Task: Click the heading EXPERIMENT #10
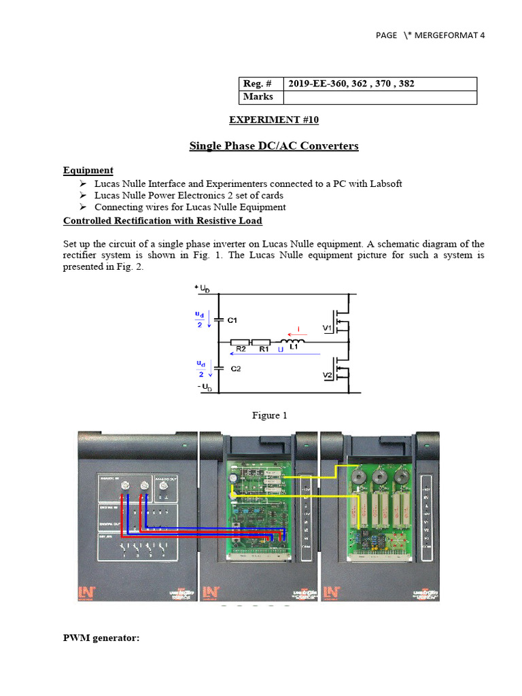pyautogui.click(x=274, y=120)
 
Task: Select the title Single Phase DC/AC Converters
pyautogui.click(x=273, y=145)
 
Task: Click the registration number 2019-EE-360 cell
pyautogui.click(x=351, y=84)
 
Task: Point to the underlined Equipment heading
pyautogui.click(x=88, y=171)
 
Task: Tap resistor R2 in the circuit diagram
pyautogui.click(x=240, y=343)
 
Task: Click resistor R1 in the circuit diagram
pyautogui.click(x=262, y=343)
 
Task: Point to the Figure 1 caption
pyautogui.click(x=269, y=415)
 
